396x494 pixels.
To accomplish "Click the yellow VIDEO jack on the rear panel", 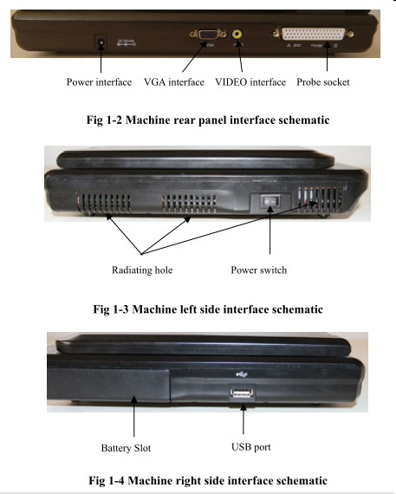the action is click(x=237, y=34).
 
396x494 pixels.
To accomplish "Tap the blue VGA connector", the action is click(x=208, y=34).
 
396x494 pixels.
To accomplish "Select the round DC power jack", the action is click(x=101, y=42).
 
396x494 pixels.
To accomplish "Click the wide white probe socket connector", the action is click(x=313, y=34).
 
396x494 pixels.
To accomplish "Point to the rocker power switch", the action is click(x=270, y=201).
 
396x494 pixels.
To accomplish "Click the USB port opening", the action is click(x=242, y=393).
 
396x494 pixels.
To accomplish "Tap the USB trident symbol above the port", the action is click(x=242, y=374).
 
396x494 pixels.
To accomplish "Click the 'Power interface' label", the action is click(x=99, y=82).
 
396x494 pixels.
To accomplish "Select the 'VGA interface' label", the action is click(x=174, y=82).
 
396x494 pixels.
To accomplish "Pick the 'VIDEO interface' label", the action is click(x=250, y=82).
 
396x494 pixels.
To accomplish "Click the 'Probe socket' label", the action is click(x=323, y=82).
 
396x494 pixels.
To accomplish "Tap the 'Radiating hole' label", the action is click(x=142, y=270).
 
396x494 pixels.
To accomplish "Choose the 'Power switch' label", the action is click(x=258, y=270).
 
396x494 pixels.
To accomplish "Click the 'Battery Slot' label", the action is click(x=126, y=448).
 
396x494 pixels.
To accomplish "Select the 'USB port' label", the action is click(x=250, y=447).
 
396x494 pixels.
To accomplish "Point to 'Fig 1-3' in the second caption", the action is click(x=111, y=309).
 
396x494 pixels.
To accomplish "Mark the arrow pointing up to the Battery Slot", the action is click(x=134, y=416).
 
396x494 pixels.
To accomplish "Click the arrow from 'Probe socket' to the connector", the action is click(x=327, y=56).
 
